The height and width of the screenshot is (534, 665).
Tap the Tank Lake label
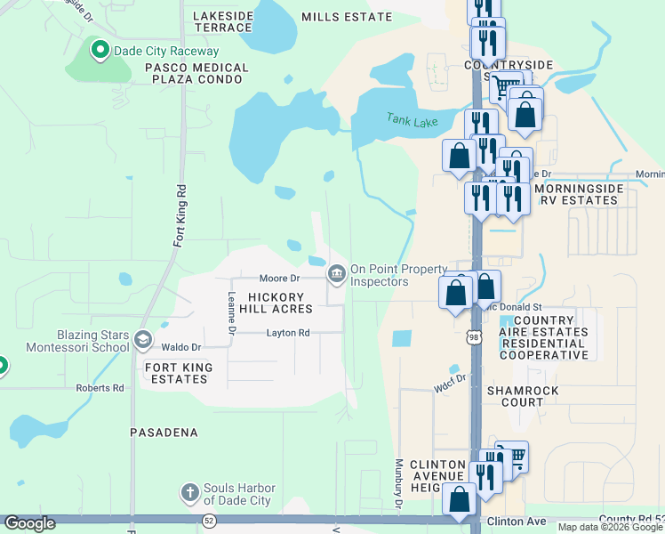tap(413, 119)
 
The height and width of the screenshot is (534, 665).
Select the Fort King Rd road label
tap(180, 214)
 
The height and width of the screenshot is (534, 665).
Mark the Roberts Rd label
tap(100, 388)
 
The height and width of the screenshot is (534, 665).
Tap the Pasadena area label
tap(164, 433)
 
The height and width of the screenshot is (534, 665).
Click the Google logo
tap(30, 523)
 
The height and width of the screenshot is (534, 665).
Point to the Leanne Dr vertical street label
tap(231, 313)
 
